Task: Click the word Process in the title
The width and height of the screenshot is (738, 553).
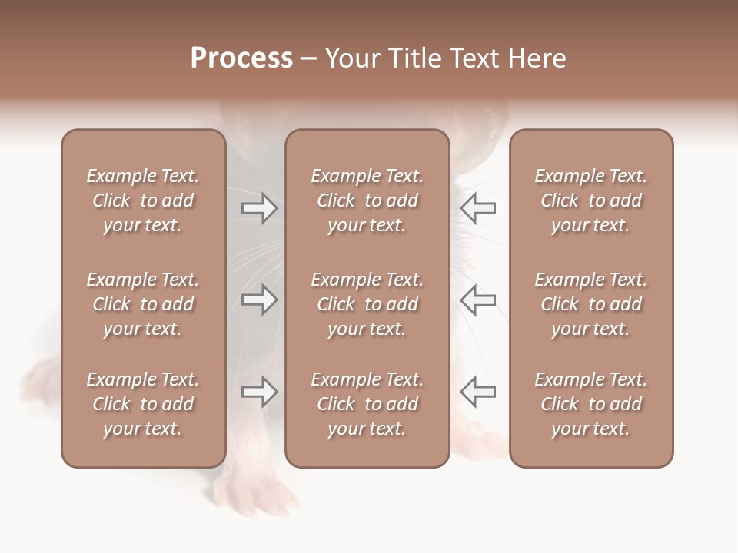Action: click(x=241, y=58)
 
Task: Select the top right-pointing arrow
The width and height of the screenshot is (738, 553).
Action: click(x=260, y=208)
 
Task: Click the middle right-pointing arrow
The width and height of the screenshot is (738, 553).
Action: click(x=260, y=300)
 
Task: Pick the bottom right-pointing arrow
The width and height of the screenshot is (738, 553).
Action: click(x=260, y=392)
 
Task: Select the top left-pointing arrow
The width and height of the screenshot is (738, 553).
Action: click(x=478, y=208)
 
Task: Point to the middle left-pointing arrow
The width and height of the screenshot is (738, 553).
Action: click(x=478, y=300)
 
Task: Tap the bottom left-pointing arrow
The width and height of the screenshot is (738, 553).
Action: click(x=478, y=392)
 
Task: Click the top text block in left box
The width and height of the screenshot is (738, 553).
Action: click(x=143, y=200)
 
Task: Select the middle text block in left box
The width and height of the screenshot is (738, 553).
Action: click(x=143, y=304)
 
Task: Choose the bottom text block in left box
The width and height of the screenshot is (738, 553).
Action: click(x=143, y=404)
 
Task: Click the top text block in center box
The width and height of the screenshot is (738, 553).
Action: click(x=367, y=200)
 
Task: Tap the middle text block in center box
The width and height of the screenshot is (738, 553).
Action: click(x=367, y=304)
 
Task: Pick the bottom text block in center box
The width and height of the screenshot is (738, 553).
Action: click(x=367, y=404)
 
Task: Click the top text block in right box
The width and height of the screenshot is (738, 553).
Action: click(x=590, y=200)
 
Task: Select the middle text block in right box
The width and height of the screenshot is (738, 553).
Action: click(x=590, y=304)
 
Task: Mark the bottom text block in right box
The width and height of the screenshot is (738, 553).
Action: click(x=590, y=404)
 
